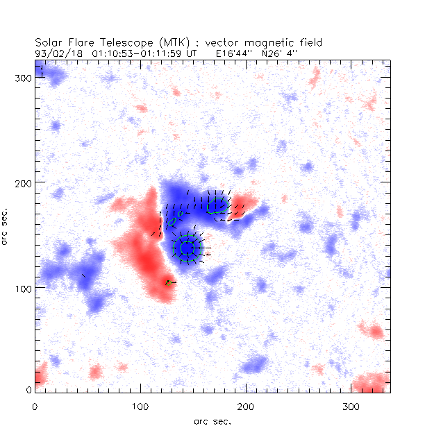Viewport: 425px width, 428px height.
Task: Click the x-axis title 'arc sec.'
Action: (212, 420)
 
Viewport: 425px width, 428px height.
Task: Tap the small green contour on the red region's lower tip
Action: (168, 283)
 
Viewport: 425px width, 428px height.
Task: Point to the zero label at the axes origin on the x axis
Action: (35, 406)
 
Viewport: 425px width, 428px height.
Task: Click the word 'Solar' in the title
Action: (49, 42)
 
